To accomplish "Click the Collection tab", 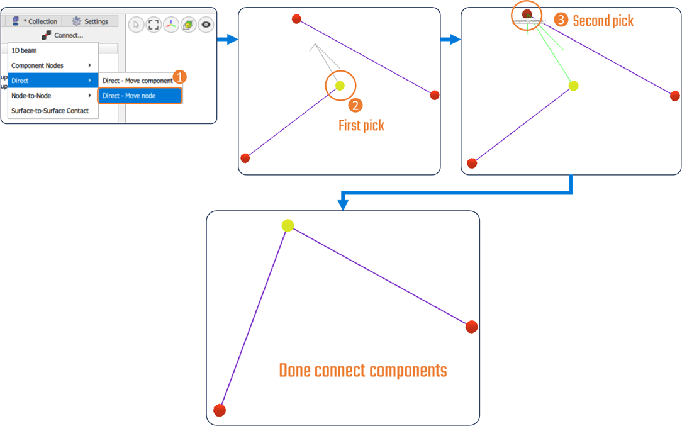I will coord(36,21).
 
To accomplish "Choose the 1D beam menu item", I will coord(25,50).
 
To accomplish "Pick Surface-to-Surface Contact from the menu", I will coord(50,111).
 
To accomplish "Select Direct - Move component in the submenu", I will coord(137,81).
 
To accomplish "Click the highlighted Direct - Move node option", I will coord(129,96).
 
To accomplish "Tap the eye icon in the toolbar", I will coord(206,25).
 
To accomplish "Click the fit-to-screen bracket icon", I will coord(154,25).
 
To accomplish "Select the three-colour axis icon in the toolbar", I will coord(171,25).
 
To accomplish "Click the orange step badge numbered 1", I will coord(179,77).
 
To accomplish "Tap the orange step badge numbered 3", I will coord(561,20).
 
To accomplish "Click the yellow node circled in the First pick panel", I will coord(340,86).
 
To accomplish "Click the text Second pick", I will coord(603,21).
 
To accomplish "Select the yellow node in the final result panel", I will coord(288,225).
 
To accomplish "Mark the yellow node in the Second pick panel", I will coord(573,86).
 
